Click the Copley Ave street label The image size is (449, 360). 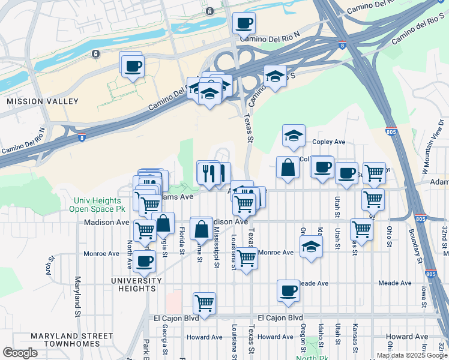[x=329, y=142]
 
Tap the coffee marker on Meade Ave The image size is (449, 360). [x=288, y=291]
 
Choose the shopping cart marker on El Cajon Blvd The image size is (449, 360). [x=204, y=304]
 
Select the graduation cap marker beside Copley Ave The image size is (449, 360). [x=294, y=136]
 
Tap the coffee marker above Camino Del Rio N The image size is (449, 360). [x=244, y=23]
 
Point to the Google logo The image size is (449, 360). [x=20, y=353]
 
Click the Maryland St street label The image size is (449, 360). [x=77, y=296]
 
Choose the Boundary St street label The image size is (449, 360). [x=414, y=242]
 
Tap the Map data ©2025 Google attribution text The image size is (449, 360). [x=412, y=355]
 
